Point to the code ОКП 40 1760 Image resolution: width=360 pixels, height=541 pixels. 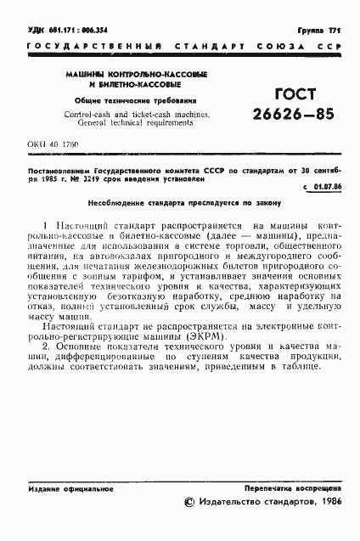[50, 145]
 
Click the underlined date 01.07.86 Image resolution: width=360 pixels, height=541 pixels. [325, 185]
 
